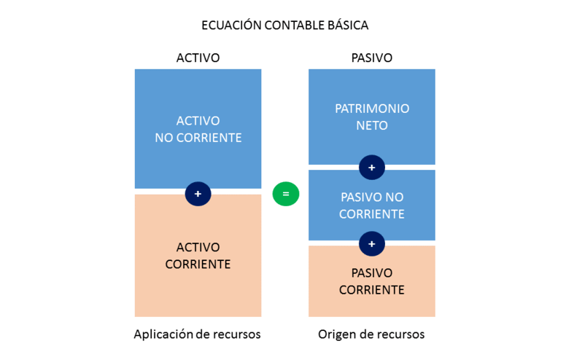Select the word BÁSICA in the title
[x=348, y=26]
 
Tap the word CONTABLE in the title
[x=295, y=26]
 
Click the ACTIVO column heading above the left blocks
[x=198, y=58]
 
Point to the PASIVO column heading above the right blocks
[x=371, y=58]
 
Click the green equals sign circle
[x=286, y=194]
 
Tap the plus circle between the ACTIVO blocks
[x=198, y=194]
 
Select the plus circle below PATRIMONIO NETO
[x=371, y=168]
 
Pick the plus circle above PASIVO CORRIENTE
[x=371, y=244]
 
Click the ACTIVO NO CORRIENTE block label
[x=198, y=129]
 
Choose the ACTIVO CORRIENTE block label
[x=198, y=256]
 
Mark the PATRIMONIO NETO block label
[x=372, y=117]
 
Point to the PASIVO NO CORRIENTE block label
[x=372, y=206]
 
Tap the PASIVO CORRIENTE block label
[x=371, y=281]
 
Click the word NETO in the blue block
[x=372, y=125]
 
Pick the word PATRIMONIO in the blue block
[x=372, y=109]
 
